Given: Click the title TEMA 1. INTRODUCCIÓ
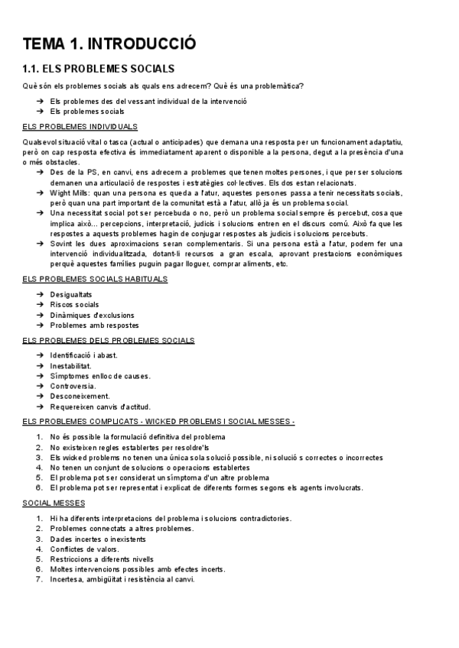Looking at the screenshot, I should tap(109, 44).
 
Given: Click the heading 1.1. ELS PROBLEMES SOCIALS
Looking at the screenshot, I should tap(99, 69).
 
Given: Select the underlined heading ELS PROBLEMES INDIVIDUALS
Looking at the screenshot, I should tap(80, 126).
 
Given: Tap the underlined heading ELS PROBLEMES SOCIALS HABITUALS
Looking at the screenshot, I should tap(96, 279).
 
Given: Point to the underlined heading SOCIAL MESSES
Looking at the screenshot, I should tap(54, 504).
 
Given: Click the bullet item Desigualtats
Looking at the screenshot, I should tap(71, 294).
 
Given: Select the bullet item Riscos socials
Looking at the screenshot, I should tap(74, 304).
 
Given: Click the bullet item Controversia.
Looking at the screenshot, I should tap(73, 386).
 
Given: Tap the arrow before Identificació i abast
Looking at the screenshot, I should tap(39, 355).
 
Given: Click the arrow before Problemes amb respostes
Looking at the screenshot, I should tap(39, 325).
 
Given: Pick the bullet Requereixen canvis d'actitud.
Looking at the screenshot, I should tap(99, 407).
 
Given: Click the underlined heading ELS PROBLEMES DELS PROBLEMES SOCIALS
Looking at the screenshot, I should tap(109, 340).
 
